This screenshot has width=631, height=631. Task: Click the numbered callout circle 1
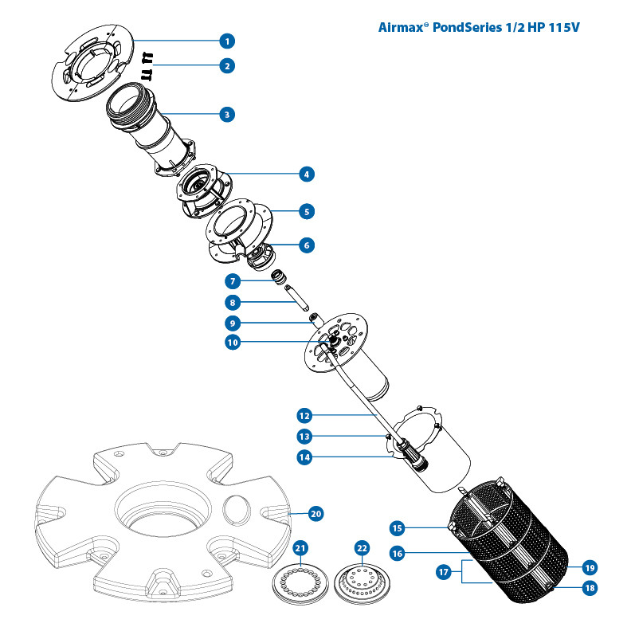coord(228,40)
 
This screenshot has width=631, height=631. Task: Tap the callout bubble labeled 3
coord(228,115)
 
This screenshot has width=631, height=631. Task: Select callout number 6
coord(305,245)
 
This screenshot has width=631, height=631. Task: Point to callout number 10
coord(232,343)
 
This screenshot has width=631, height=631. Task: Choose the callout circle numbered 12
coord(305,415)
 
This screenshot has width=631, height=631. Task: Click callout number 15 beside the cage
coord(398,527)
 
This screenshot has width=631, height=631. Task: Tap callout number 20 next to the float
coord(315,514)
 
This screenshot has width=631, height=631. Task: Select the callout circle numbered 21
coord(300,547)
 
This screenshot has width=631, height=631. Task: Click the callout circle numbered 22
coord(362,548)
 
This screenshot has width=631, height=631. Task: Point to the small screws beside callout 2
coord(147,66)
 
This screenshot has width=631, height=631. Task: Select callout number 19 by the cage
coord(589,568)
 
